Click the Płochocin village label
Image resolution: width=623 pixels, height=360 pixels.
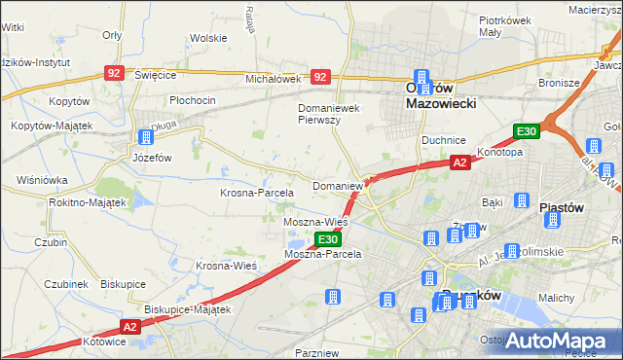[x=192, y=100]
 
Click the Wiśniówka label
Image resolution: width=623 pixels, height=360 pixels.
[x=42, y=180]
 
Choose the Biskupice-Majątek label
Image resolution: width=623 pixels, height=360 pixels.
[x=186, y=309]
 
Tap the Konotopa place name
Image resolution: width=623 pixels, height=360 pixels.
[x=499, y=153]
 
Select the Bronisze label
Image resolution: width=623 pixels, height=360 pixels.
[x=558, y=83]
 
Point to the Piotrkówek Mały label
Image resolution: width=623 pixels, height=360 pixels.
[x=503, y=26]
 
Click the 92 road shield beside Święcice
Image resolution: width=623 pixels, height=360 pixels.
[x=115, y=73]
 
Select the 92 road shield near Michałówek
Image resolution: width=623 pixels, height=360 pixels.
[x=320, y=76]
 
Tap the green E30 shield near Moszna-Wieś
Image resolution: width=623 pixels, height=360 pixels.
[x=328, y=239]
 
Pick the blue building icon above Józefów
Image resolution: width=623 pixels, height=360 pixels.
[x=145, y=137]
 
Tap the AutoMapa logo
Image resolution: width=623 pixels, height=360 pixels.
[x=554, y=341]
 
